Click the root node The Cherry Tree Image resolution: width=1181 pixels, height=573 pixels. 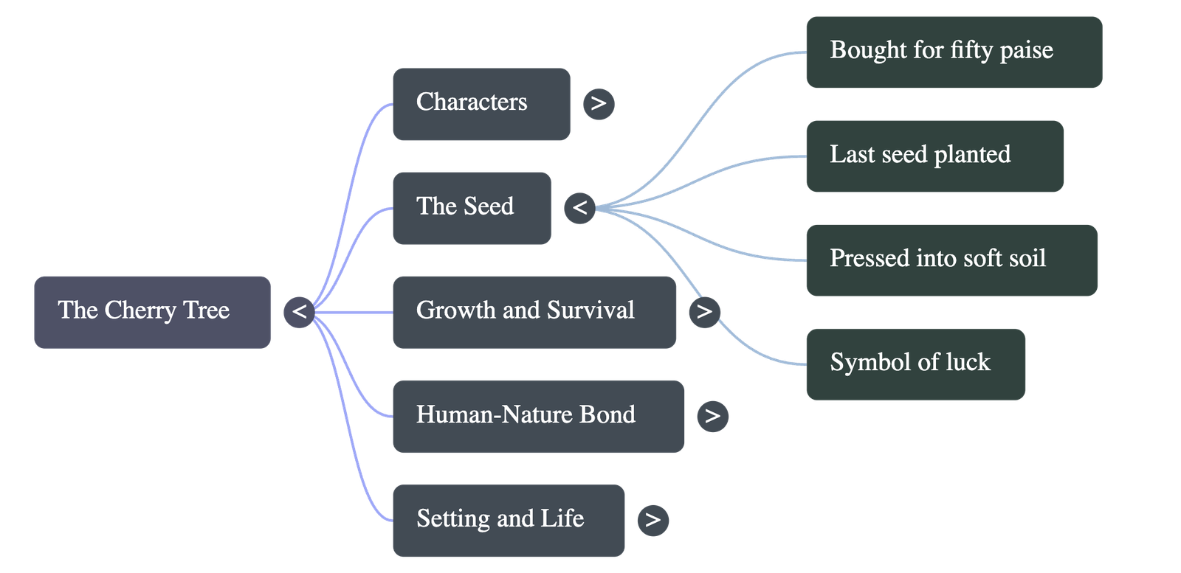click(x=152, y=312)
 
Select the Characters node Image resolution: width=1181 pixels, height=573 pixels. click(x=481, y=104)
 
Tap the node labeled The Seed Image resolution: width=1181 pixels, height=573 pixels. click(x=471, y=208)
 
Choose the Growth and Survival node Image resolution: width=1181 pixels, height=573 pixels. click(x=534, y=312)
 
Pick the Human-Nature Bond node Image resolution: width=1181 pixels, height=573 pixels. click(x=537, y=416)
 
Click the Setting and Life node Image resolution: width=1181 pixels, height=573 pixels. click(x=508, y=521)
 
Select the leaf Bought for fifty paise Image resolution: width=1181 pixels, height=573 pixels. click(x=953, y=52)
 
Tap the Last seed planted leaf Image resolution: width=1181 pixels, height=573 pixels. click(x=934, y=156)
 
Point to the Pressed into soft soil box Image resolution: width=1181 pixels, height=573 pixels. click(x=951, y=260)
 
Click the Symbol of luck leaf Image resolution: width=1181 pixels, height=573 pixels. click(x=915, y=364)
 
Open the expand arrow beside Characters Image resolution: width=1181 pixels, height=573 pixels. click(x=599, y=104)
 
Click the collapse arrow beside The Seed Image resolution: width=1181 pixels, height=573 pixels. click(x=579, y=208)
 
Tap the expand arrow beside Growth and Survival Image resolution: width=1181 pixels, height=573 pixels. click(x=704, y=312)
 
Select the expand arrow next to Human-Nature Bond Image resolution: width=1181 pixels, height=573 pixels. click(x=712, y=416)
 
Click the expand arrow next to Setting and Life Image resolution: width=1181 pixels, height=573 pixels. click(x=653, y=521)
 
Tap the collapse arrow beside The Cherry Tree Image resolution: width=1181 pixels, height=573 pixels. click(x=299, y=312)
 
